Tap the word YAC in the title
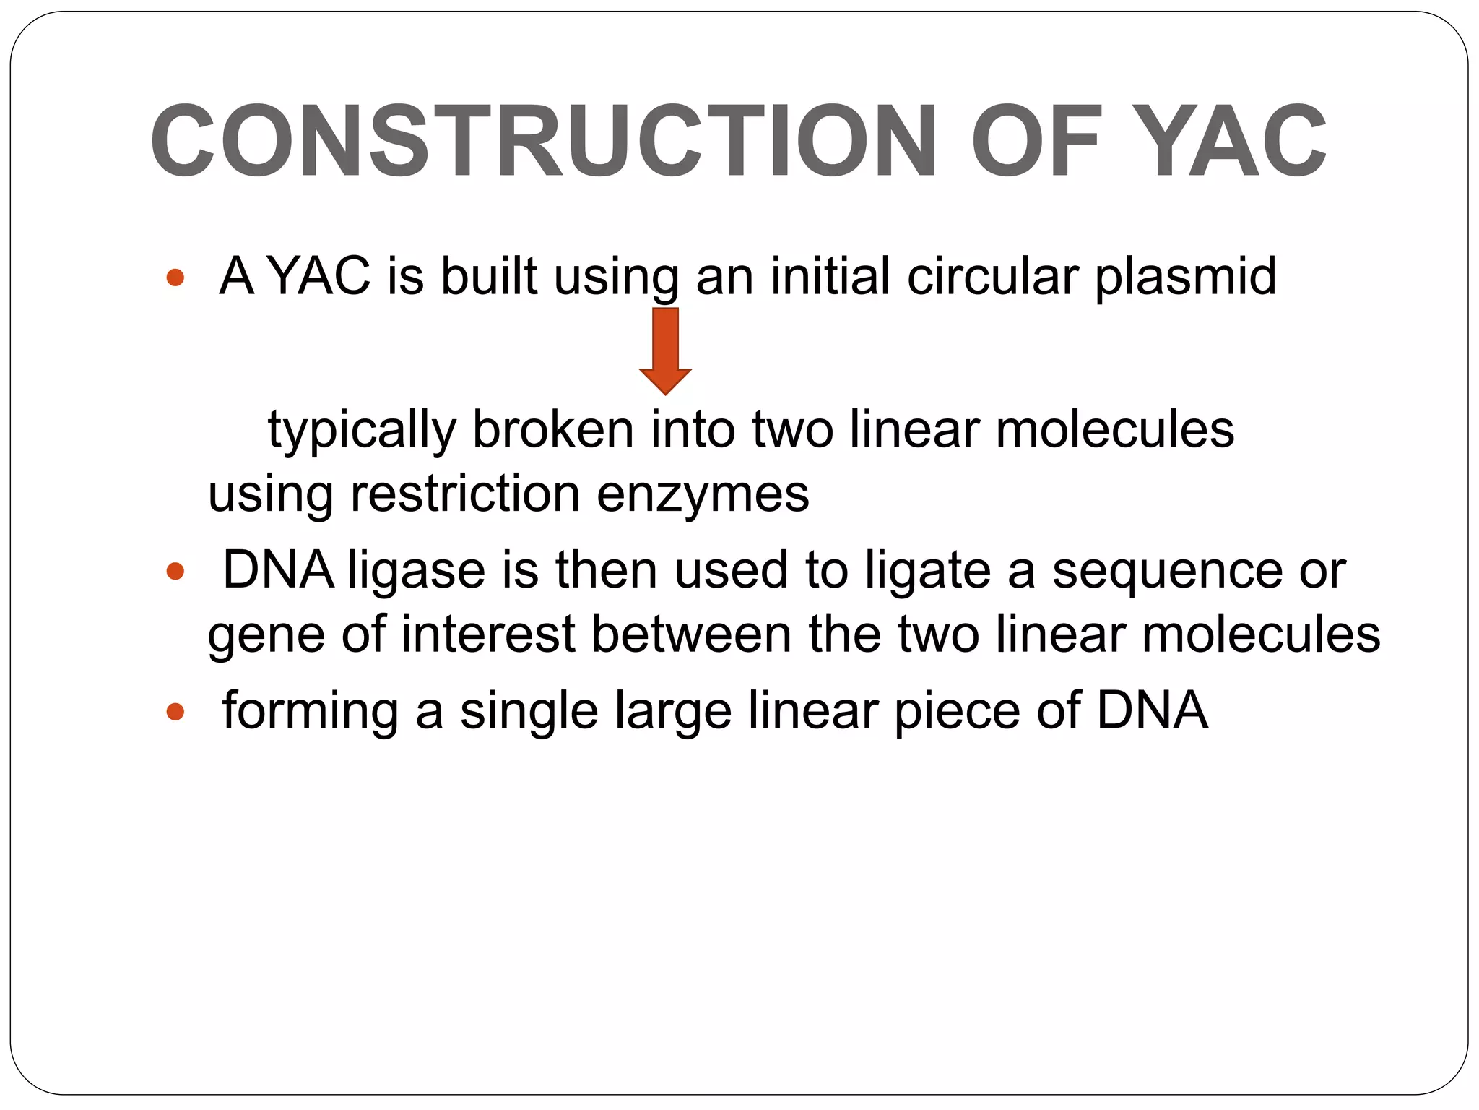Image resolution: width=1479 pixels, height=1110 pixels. coord(1234,141)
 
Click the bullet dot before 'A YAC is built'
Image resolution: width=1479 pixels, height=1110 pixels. coord(175,277)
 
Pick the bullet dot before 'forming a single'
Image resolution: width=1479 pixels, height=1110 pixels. coord(175,713)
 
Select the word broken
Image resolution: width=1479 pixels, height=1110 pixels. coord(552,429)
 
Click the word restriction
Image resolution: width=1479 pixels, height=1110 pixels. coord(465,494)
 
